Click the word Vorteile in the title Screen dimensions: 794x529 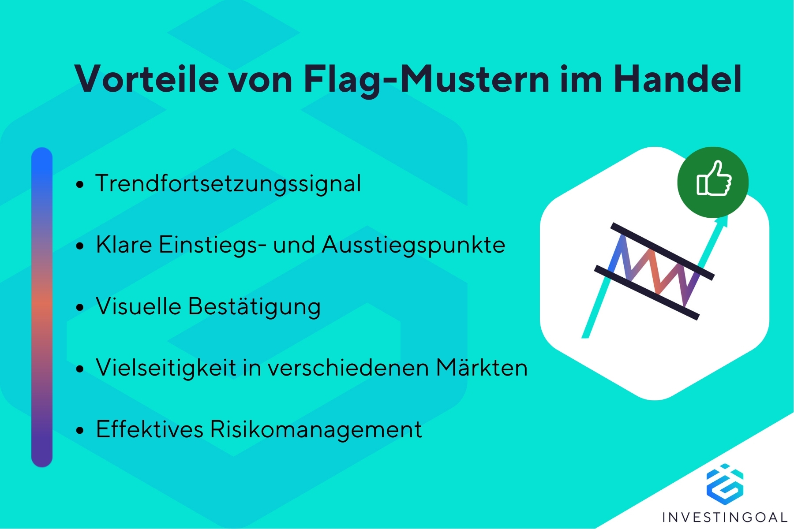click(x=147, y=79)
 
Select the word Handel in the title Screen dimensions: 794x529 click(x=678, y=79)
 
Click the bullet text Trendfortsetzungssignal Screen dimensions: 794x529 click(x=228, y=184)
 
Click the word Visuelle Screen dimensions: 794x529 click(x=139, y=306)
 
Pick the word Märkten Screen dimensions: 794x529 click(x=482, y=367)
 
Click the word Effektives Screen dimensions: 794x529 click(x=150, y=429)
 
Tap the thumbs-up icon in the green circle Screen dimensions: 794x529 click(x=713, y=179)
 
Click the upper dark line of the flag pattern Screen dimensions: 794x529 click(x=662, y=251)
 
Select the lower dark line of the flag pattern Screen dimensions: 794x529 click(x=647, y=292)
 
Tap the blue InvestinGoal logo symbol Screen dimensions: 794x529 click(x=725, y=484)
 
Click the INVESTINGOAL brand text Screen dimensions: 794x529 click(x=725, y=517)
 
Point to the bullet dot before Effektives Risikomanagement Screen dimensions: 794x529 click(x=79, y=430)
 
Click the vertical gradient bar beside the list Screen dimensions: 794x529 click(x=42, y=307)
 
